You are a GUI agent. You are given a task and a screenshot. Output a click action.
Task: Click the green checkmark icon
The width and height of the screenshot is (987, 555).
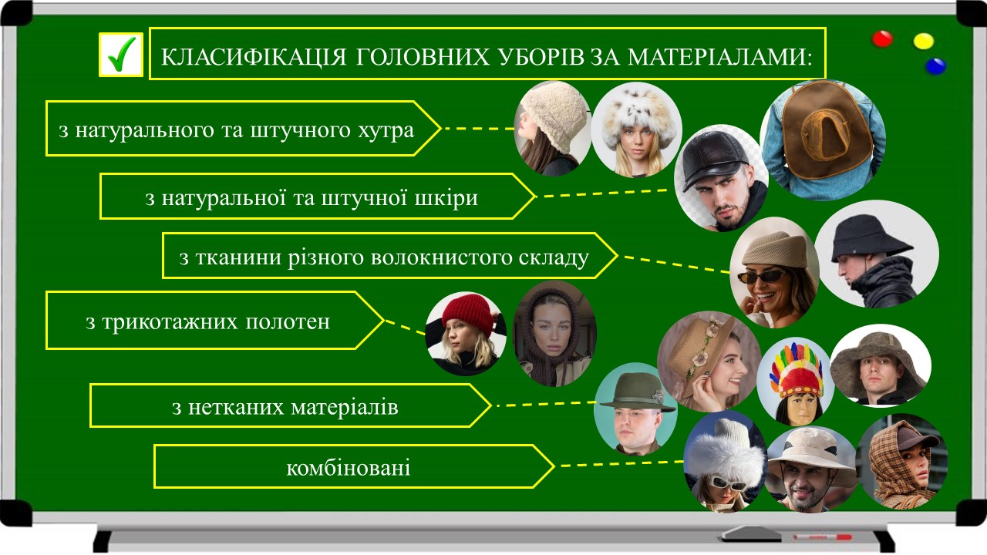pyautogui.click(x=122, y=55)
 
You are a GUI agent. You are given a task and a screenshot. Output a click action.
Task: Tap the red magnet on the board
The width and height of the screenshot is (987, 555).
pyautogui.click(x=883, y=39)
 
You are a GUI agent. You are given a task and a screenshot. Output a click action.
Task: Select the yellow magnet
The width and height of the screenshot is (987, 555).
pyautogui.click(x=924, y=42)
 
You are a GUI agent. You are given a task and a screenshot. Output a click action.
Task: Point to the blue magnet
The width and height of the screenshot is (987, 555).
pyautogui.click(x=935, y=66)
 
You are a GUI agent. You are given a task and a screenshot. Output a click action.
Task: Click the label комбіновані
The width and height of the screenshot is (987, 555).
pyautogui.click(x=348, y=468)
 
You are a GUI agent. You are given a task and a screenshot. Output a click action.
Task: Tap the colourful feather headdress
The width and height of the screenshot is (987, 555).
pyautogui.click(x=797, y=370)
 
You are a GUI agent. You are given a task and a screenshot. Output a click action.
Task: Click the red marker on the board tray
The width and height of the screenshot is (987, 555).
pyautogui.click(x=822, y=537)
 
